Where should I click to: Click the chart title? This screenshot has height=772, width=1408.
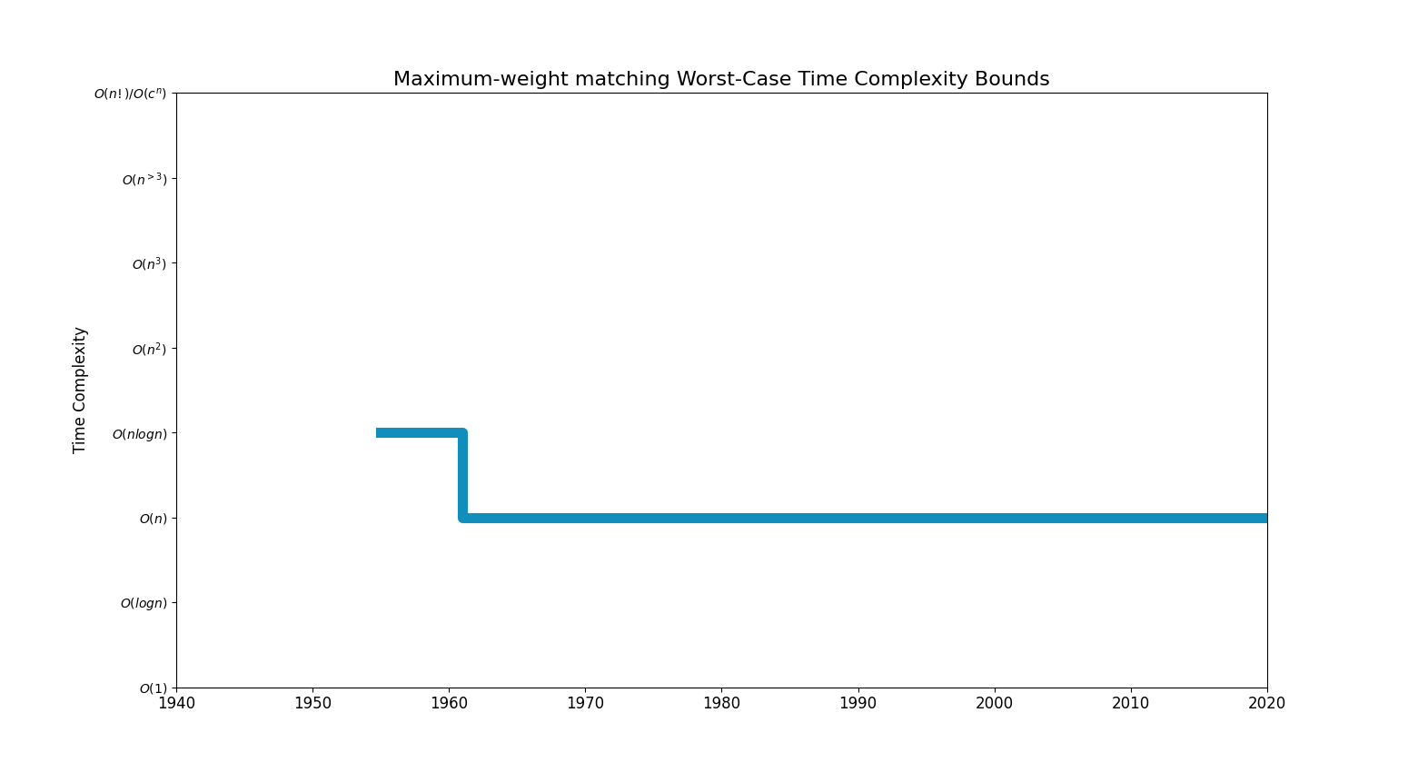pos(721,79)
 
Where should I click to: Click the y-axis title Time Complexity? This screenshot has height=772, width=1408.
pos(80,390)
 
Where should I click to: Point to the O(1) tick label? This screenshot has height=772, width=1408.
pos(154,688)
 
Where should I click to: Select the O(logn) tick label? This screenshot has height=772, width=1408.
pos(144,603)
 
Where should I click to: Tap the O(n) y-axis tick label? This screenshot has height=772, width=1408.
pos(153,519)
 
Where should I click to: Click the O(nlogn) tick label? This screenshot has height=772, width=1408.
pos(140,434)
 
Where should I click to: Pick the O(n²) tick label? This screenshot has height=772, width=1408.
pos(150,349)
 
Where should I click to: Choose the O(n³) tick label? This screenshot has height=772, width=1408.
pos(150,264)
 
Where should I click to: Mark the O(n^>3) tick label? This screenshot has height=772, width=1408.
pos(144,179)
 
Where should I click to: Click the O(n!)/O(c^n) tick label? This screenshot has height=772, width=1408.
pos(131,94)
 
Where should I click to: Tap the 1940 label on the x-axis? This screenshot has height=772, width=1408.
pos(176,704)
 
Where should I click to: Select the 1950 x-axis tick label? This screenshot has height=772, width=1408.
pos(312,704)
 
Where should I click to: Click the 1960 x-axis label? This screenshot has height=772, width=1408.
pos(449,704)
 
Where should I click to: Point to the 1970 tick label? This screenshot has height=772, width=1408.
pos(585,704)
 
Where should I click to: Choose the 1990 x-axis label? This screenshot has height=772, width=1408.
pos(858,704)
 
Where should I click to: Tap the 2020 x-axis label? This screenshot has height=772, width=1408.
pos(1266,704)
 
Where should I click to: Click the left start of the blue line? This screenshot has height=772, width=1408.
pos(379,433)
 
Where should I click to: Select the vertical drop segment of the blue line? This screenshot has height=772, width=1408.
pos(463,476)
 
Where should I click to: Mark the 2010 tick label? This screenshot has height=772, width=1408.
pos(1130,704)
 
